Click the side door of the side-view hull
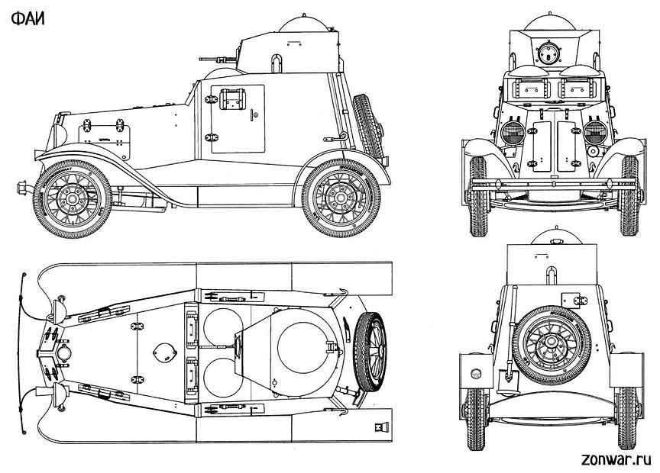237,119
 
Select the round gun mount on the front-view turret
547,53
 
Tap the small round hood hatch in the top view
163,351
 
